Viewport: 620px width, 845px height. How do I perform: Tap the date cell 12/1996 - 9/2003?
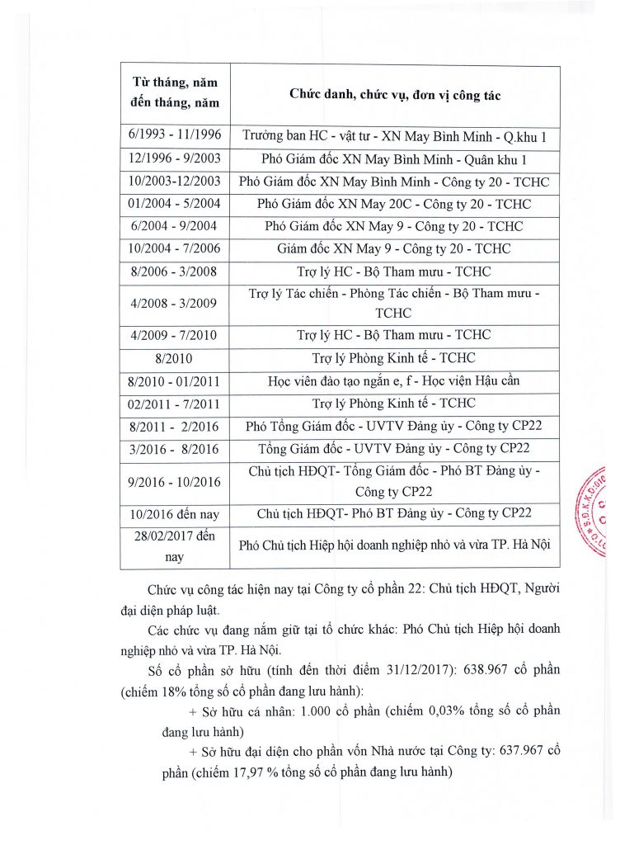pyautogui.click(x=175, y=159)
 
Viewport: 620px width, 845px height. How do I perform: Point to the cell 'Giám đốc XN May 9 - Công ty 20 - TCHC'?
pyautogui.click(x=394, y=248)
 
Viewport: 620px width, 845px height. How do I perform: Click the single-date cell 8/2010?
pyautogui.click(x=175, y=359)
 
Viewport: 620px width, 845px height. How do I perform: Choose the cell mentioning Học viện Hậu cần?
pyautogui.click(x=394, y=381)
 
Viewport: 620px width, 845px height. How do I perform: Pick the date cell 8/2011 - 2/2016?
pyautogui.click(x=175, y=426)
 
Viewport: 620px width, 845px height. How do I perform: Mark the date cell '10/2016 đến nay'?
pyautogui.click(x=175, y=514)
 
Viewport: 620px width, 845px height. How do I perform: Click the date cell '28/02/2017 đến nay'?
pyautogui.click(x=175, y=546)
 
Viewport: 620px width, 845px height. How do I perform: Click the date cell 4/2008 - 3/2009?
pyautogui.click(x=175, y=303)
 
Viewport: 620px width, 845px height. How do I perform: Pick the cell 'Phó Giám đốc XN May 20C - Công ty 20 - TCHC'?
pyautogui.click(x=394, y=204)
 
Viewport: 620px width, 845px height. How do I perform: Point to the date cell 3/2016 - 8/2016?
pyautogui.click(x=175, y=448)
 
